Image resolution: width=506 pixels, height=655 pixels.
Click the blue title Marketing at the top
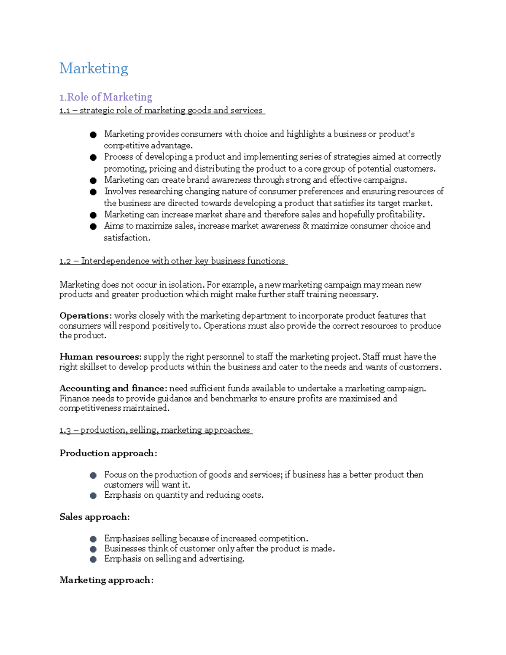click(94, 68)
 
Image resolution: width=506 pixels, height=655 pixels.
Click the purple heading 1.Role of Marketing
click(105, 97)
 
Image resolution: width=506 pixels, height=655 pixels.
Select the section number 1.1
click(65, 111)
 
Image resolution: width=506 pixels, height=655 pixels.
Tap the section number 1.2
click(65, 261)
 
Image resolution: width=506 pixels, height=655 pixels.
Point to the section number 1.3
click(65, 430)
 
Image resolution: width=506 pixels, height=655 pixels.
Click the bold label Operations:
click(86, 315)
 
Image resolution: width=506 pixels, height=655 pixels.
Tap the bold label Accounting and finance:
click(113, 388)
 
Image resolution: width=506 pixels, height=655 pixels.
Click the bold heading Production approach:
click(108, 453)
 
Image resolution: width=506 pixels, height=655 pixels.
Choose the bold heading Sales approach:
click(94, 517)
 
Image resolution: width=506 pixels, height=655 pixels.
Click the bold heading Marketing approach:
click(106, 580)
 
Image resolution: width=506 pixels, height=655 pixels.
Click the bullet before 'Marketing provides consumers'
click(93, 135)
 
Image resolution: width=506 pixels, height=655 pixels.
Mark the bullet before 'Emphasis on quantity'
click(93, 496)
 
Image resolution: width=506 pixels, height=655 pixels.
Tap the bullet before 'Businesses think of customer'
click(93, 549)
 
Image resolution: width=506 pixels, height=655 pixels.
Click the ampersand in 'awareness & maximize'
click(305, 226)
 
